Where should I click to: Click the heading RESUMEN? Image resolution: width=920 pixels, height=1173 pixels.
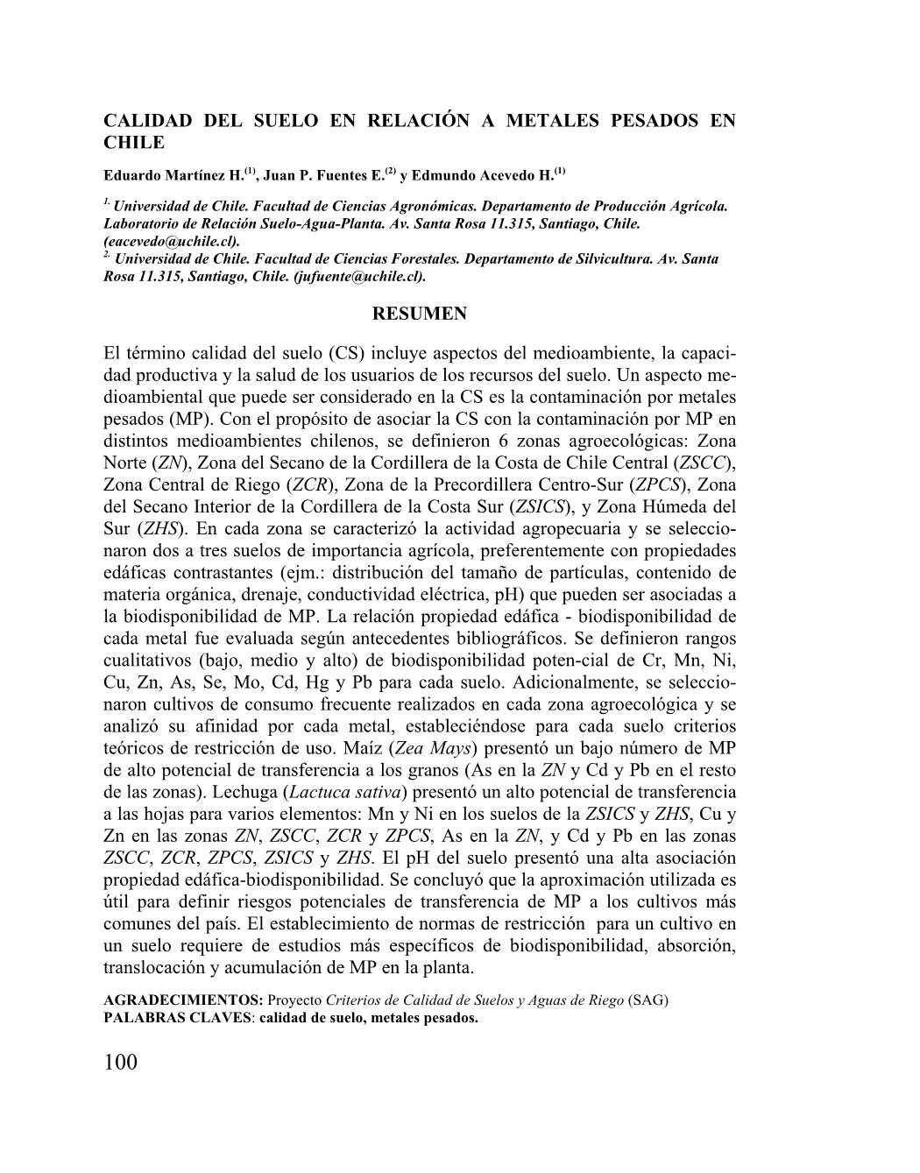coord(420,314)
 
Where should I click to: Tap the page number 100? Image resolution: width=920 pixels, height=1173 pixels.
coord(120,1063)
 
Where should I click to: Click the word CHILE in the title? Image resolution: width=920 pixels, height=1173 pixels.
coord(134,142)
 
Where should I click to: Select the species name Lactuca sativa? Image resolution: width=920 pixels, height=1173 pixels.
coord(345,792)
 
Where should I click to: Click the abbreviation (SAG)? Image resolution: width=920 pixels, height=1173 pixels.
coord(648,1000)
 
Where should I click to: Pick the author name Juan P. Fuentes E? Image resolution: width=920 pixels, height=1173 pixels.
coord(323,175)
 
